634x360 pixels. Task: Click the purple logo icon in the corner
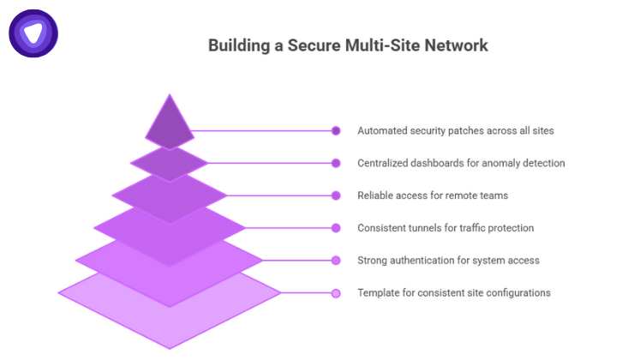click(33, 33)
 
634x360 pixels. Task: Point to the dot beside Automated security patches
click(336, 131)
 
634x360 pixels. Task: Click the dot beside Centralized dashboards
click(336, 163)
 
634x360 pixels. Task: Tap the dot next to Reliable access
click(336, 195)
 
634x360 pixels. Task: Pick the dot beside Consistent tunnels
click(336, 228)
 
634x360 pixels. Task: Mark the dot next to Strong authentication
click(336, 261)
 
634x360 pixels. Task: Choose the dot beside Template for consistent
click(336, 293)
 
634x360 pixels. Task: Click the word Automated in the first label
click(382, 131)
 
